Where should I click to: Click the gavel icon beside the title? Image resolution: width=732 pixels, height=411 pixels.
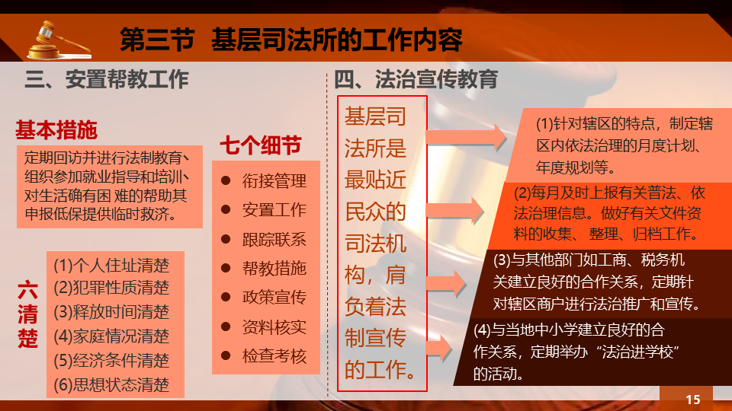(59, 40)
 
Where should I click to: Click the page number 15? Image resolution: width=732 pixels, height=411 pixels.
(693, 400)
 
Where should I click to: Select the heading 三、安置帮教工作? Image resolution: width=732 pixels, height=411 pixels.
(107, 79)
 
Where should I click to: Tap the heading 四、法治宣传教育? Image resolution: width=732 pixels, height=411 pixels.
(416, 79)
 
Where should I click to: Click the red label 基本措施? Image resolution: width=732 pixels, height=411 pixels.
(56, 130)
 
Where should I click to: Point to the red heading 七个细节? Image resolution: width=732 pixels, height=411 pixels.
(261, 145)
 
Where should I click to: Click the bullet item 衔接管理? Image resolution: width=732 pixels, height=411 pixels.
(274, 181)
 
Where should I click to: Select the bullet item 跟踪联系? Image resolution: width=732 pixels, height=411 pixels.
(274, 240)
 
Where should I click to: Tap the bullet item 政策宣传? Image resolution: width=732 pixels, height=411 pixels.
(274, 297)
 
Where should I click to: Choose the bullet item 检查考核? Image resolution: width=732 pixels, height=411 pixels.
(274, 356)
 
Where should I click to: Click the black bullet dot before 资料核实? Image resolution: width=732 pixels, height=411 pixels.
(226, 327)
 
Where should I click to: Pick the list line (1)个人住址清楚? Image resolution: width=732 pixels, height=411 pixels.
(111, 265)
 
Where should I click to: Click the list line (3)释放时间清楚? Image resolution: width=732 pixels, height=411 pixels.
(111, 312)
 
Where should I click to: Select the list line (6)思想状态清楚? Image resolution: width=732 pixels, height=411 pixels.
(111, 385)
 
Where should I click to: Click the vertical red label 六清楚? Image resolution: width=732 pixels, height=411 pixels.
(27, 314)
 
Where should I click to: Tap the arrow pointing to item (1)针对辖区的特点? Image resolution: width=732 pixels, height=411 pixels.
(467, 138)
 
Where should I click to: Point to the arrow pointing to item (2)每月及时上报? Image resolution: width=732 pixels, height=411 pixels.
(454, 211)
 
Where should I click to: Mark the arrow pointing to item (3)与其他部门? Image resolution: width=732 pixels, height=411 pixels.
(446, 283)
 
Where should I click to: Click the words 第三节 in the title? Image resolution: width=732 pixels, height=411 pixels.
(157, 40)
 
